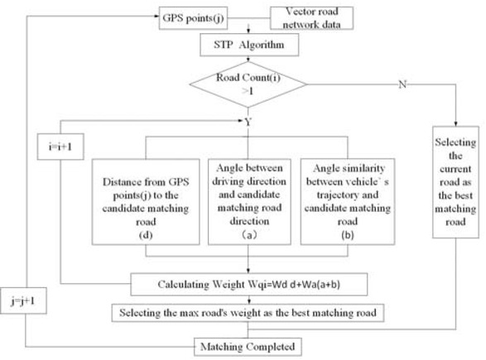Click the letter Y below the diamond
pyautogui.click(x=248, y=122)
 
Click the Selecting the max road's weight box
pyautogui.click(x=248, y=313)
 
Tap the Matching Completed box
pyautogui.click(x=249, y=342)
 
